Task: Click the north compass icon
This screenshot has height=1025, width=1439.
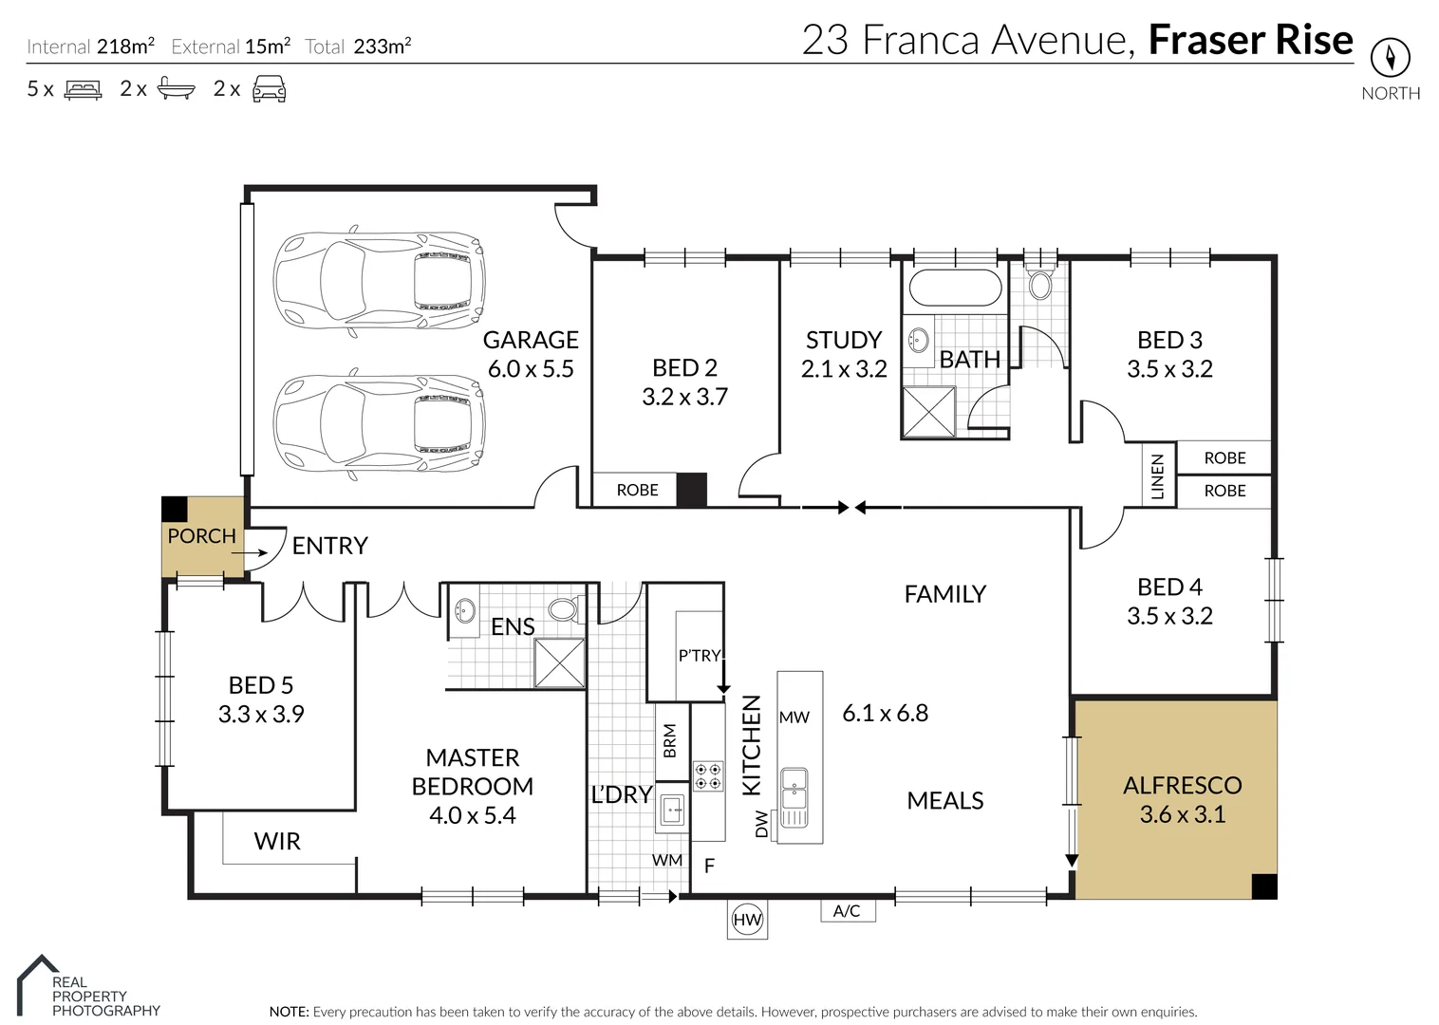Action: (x=1390, y=58)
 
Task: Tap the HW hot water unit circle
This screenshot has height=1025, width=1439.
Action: (x=747, y=919)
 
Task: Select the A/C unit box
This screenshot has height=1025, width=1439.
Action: (x=847, y=911)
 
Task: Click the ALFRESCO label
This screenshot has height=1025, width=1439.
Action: (x=1182, y=785)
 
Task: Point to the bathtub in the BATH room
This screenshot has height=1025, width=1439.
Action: (x=955, y=288)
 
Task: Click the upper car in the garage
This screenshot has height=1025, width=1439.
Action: (x=379, y=281)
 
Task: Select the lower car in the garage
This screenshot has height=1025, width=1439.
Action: (x=379, y=423)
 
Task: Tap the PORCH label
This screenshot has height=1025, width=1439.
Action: (x=201, y=536)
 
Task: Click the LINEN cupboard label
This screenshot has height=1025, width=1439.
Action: (x=1157, y=475)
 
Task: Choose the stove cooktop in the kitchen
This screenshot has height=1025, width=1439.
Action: (x=708, y=776)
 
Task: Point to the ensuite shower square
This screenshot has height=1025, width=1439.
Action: (x=559, y=662)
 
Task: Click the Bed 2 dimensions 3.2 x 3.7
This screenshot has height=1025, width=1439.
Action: (x=684, y=397)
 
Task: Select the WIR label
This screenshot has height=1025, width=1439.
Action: (x=277, y=841)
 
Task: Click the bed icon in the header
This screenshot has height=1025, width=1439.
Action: (x=83, y=90)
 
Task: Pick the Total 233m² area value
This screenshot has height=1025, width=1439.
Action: (x=382, y=47)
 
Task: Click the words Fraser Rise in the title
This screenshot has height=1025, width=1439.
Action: (x=1250, y=40)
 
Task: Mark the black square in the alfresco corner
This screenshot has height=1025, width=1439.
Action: (x=1263, y=885)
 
